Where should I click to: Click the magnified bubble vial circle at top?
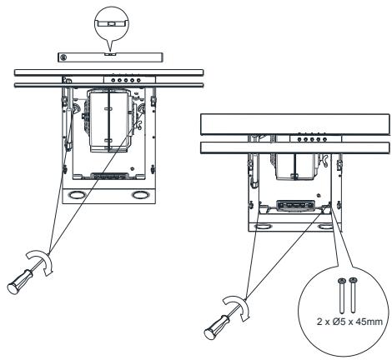[x=111, y=19]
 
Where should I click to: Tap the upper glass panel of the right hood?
[x=296, y=125]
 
